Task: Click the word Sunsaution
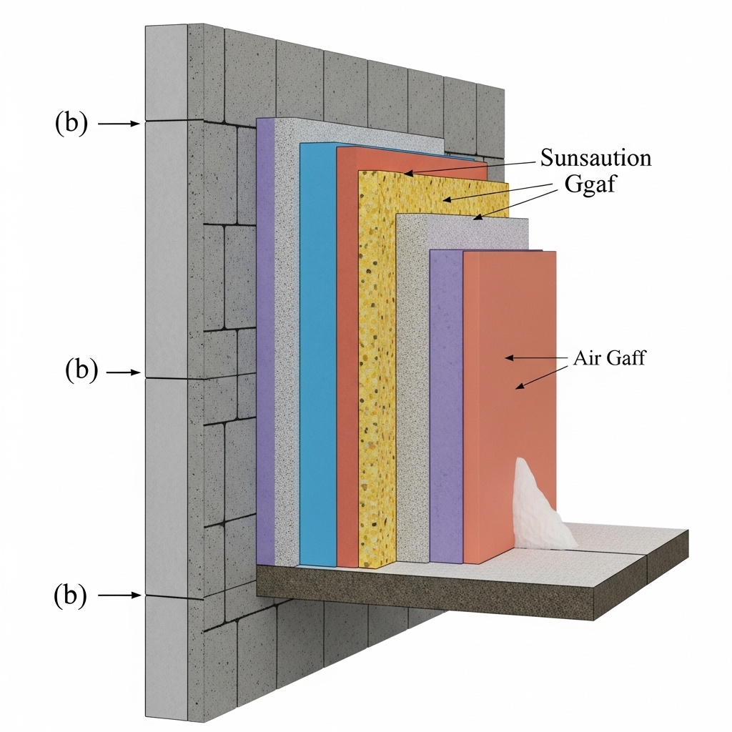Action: point(595,157)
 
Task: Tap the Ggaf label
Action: point(589,186)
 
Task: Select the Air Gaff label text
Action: point(609,358)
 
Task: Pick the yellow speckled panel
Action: point(377,372)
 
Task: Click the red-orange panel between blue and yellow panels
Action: point(347,357)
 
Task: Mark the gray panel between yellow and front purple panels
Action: point(412,386)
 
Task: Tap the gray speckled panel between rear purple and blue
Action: point(287,343)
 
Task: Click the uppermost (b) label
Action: point(71,124)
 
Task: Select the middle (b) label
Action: point(81,372)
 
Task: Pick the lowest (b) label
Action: point(71,594)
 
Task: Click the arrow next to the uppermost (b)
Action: point(119,124)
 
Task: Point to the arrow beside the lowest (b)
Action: point(119,594)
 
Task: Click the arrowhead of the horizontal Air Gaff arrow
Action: point(509,356)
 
